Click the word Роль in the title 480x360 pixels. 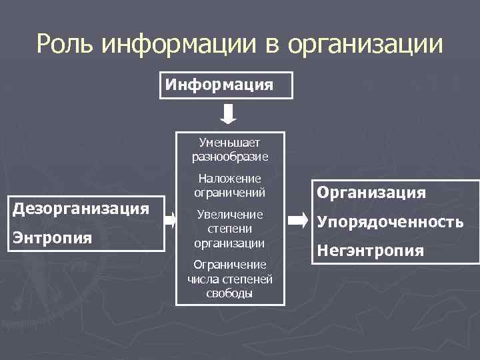point(67,45)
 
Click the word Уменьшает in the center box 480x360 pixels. point(230,143)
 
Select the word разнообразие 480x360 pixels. point(230,157)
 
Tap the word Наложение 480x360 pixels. point(230,179)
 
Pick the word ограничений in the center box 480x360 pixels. point(230,193)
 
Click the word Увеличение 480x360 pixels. point(230,215)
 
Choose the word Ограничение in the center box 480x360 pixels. point(230,264)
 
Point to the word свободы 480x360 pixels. point(230,293)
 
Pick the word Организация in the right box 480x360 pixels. point(371,193)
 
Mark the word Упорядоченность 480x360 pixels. point(390,222)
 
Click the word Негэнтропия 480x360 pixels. point(371,251)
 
